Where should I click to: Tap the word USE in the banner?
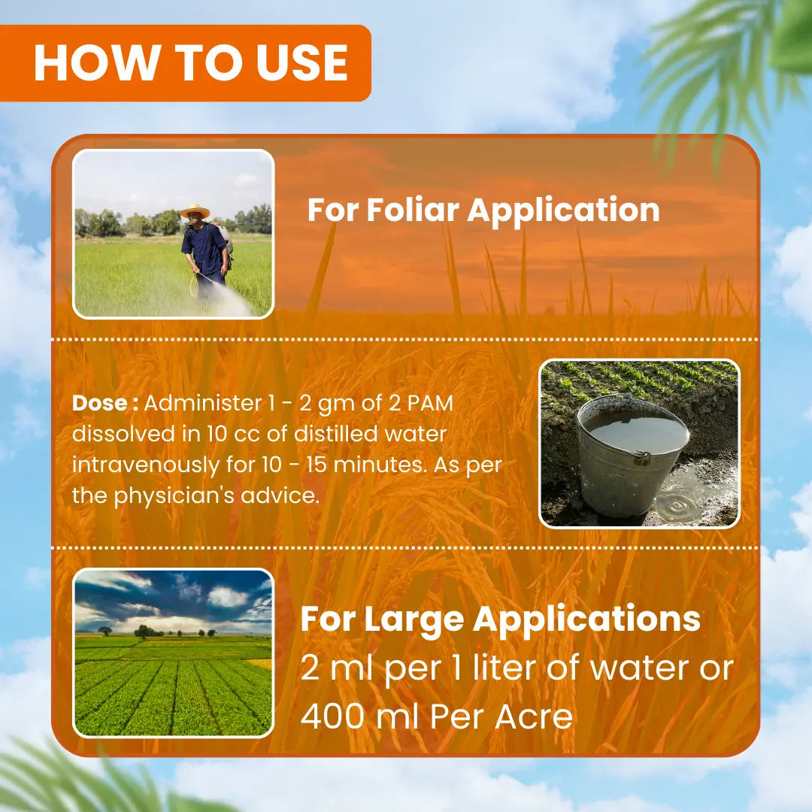point(302,62)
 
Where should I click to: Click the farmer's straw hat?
point(195,211)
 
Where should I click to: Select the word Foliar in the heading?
point(413,210)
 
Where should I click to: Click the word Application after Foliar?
point(563,211)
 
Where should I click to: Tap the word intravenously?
point(146,465)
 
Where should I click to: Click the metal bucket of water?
point(632,456)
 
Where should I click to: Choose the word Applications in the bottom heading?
point(586,620)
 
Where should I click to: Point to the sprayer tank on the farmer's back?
point(225,239)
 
